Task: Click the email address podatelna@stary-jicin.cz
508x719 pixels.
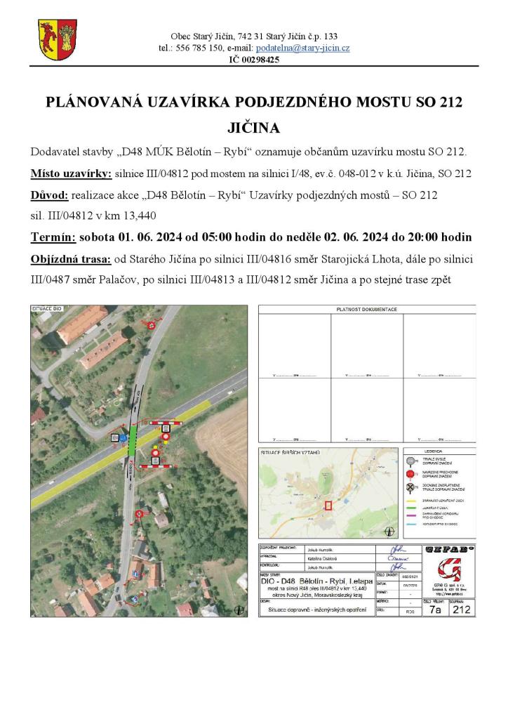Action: coord(302,48)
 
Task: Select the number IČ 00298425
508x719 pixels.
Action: coord(254,60)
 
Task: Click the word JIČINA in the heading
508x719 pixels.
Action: coord(254,128)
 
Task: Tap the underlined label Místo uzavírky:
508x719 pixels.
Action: coord(71,173)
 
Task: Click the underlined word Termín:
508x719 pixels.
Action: coord(54,237)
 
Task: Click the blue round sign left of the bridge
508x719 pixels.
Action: coord(122,437)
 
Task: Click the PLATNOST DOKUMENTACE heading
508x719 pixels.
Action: coord(366,309)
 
